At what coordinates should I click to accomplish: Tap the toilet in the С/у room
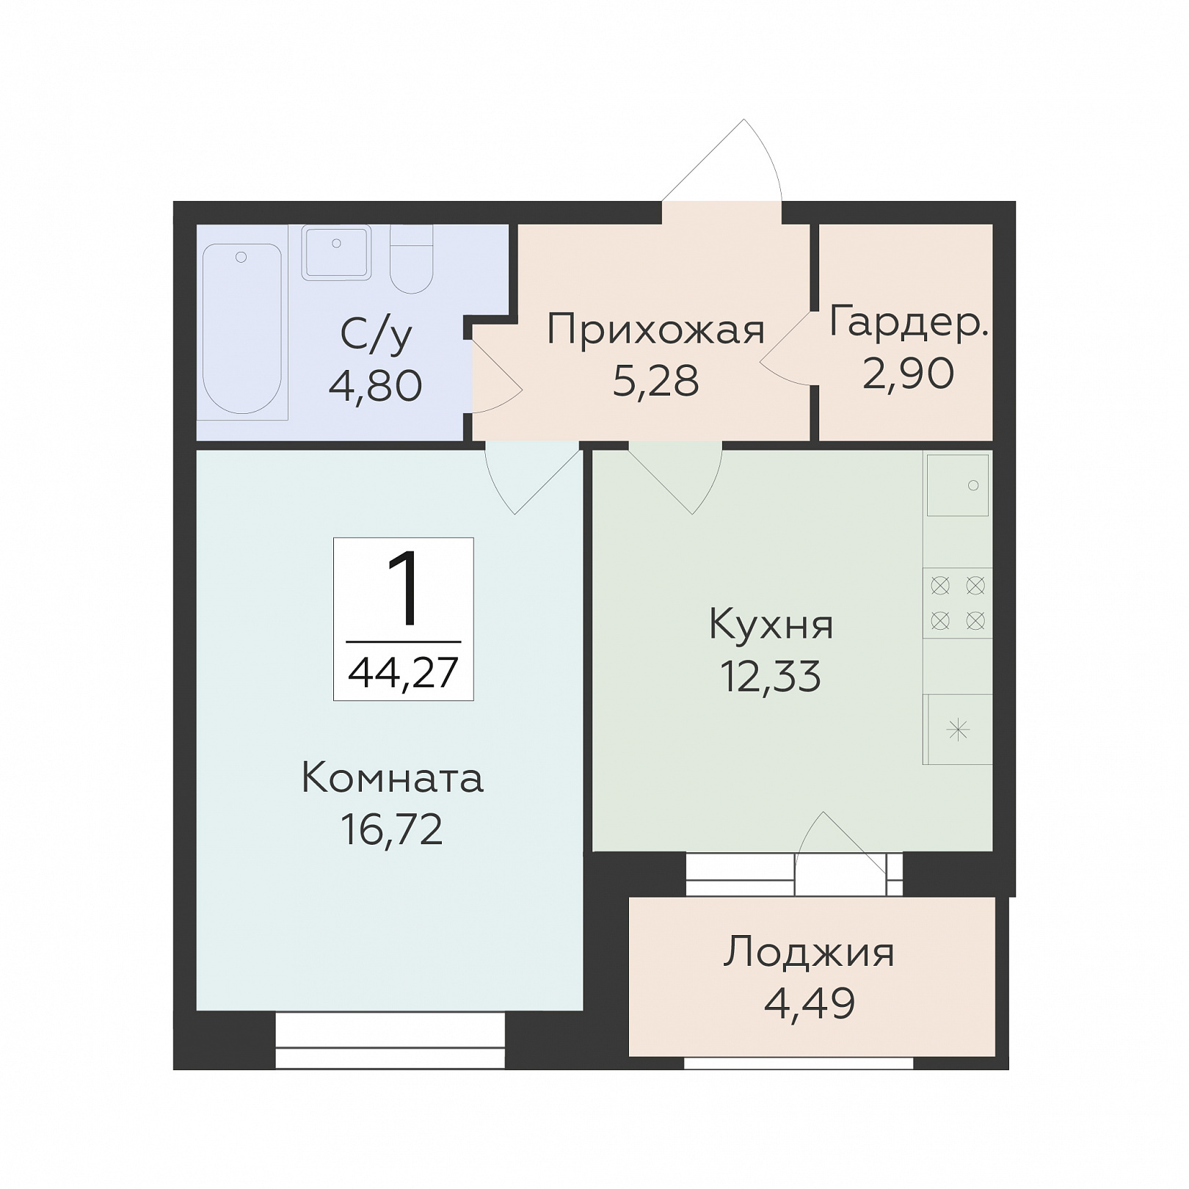coord(411,259)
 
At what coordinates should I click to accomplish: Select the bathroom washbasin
coord(336,252)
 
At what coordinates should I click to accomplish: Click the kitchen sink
coord(957,485)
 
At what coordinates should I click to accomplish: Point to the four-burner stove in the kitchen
coord(958,603)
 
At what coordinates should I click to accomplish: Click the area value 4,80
coord(375,385)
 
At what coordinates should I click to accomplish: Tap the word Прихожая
coord(655,331)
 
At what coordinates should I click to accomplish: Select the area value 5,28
coord(655,381)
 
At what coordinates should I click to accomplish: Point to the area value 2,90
coord(909,373)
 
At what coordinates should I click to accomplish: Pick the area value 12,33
coord(771,676)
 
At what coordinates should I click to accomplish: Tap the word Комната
coord(392,778)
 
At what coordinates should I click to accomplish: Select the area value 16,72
coord(392,829)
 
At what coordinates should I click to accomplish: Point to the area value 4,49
coord(810,1003)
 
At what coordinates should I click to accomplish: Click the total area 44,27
coord(403,672)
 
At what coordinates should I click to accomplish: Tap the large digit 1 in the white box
coord(404,588)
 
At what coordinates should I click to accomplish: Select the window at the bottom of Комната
coord(390,1040)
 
